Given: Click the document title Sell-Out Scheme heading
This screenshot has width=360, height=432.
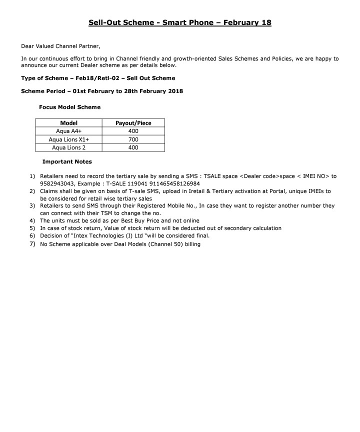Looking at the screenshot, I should (180, 23).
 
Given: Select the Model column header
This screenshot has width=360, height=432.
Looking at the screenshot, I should (68, 123).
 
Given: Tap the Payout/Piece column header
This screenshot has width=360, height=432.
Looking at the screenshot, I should (133, 123).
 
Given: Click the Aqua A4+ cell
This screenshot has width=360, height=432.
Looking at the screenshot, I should (68, 131).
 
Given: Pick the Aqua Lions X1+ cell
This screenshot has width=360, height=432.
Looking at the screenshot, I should (68, 139).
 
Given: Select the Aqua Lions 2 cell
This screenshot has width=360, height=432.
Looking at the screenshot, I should (68, 147).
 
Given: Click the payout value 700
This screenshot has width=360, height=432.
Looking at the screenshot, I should (133, 139).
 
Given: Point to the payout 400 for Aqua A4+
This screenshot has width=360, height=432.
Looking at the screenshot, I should (133, 131).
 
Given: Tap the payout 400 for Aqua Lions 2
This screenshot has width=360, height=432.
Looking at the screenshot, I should (133, 147).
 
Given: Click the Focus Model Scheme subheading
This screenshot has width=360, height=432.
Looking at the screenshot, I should (69, 107).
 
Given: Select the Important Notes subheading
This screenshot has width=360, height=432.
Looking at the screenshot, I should (67, 162).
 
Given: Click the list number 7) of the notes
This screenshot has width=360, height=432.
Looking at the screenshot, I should (32, 244).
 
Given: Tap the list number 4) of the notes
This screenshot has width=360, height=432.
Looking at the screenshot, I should (32, 220).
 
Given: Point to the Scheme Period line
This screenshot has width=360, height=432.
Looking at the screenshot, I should (102, 91).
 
